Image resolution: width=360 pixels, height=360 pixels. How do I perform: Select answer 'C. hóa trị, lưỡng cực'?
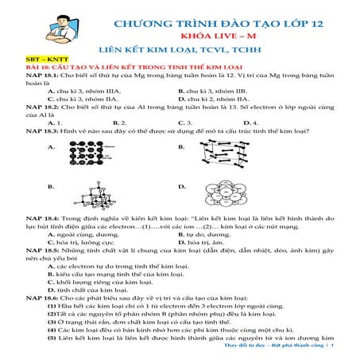[85, 243]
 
